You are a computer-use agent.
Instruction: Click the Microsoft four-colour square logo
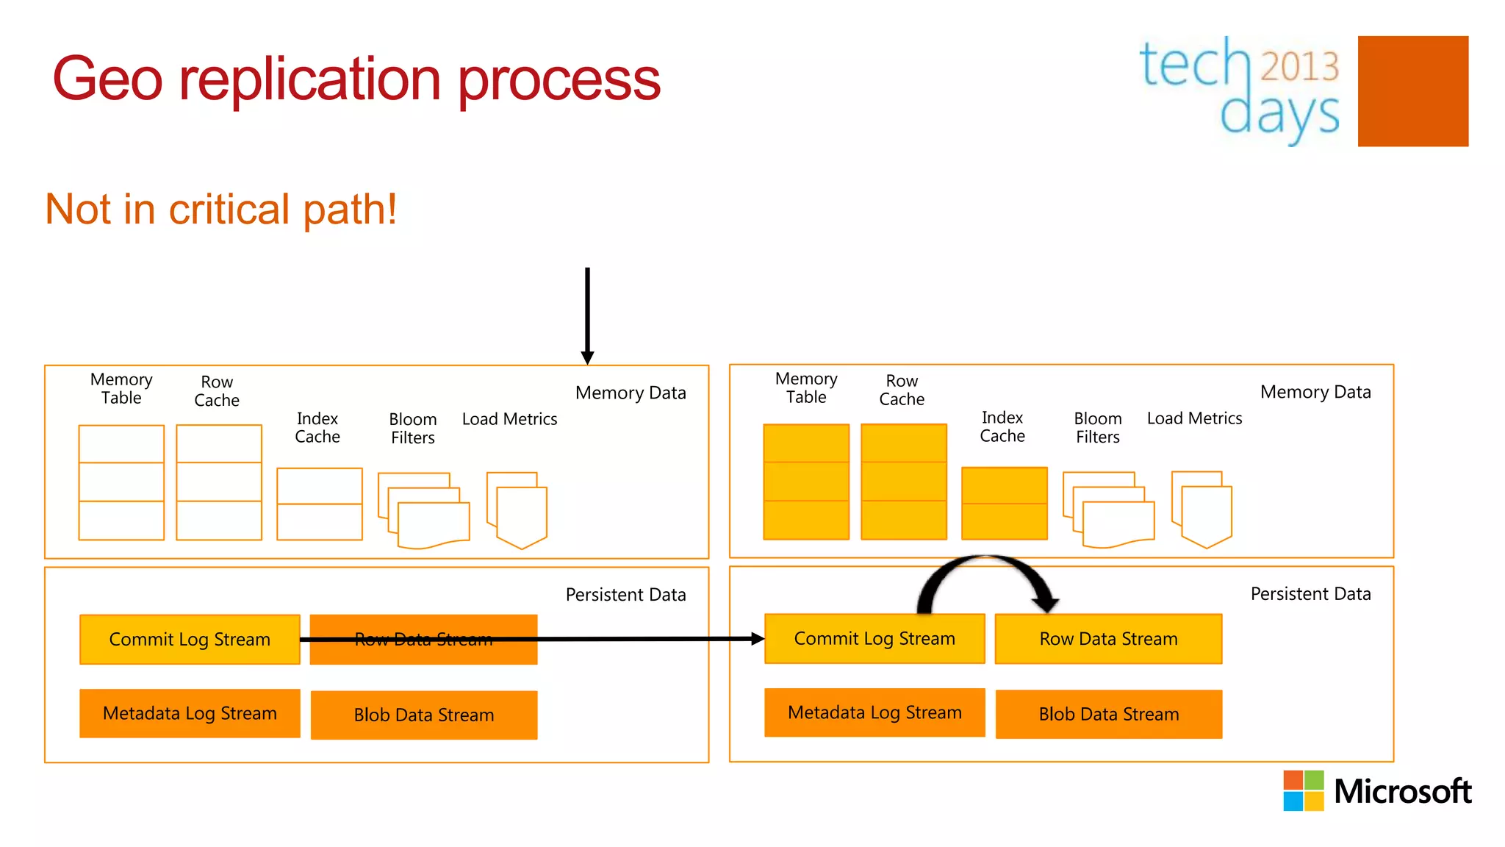coord(1303,790)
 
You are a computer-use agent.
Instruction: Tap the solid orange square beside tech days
coord(1412,91)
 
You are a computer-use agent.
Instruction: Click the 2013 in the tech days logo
coord(1299,67)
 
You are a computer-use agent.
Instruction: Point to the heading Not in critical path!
coord(221,210)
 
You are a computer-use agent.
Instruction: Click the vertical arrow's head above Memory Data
coord(587,357)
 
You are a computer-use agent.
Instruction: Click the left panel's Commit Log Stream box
coord(190,640)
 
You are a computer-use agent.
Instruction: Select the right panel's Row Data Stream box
coord(1108,639)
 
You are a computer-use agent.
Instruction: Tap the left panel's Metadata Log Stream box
coord(190,713)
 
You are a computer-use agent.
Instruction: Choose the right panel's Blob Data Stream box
coord(1108,714)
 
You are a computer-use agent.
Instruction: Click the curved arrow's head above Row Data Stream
coord(1044,604)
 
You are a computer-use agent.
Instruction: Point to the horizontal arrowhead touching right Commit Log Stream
coord(758,639)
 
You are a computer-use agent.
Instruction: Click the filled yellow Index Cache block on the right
coord(1004,504)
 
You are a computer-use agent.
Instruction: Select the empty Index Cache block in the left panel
coord(319,504)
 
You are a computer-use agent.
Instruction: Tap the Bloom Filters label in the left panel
coord(412,429)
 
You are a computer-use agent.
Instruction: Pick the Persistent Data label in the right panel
coord(1310,594)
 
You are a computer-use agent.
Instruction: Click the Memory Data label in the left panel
coord(631,393)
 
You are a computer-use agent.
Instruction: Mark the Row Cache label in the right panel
coord(902,390)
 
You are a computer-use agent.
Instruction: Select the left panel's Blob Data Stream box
coord(424,715)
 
